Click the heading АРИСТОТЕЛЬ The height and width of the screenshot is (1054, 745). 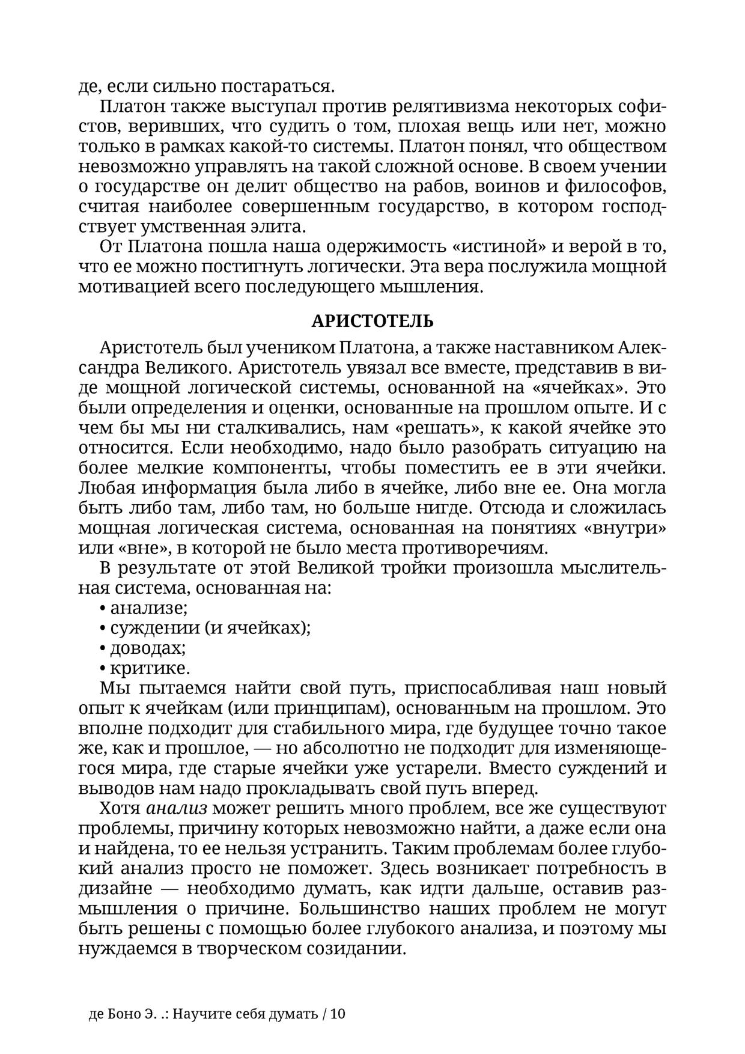372,321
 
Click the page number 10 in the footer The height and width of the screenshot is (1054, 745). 338,1014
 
